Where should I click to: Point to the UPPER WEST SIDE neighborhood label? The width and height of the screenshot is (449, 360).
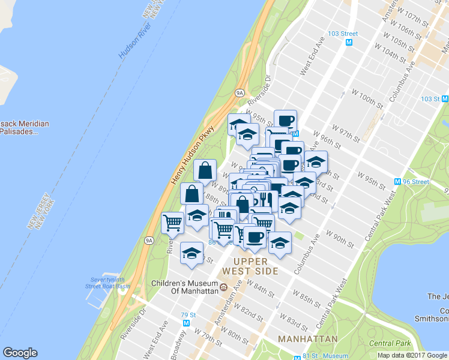pyautogui.click(x=255, y=266)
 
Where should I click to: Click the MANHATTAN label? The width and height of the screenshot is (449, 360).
pyautogui.click(x=307, y=340)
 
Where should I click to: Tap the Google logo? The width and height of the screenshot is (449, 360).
pyautogui.click(x=20, y=353)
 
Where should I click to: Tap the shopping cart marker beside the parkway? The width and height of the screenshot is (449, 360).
pyautogui.click(x=173, y=223)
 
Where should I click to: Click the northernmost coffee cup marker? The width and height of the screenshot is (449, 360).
pyautogui.click(x=285, y=119)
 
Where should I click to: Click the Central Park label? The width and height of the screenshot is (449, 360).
pyautogui.click(x=390, y=343)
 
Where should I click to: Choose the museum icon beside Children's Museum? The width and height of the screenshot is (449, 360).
pyautogui.click(x=223, y=287)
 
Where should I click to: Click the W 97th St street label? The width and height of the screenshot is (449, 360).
pyautogui.click(x=345, y=133)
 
